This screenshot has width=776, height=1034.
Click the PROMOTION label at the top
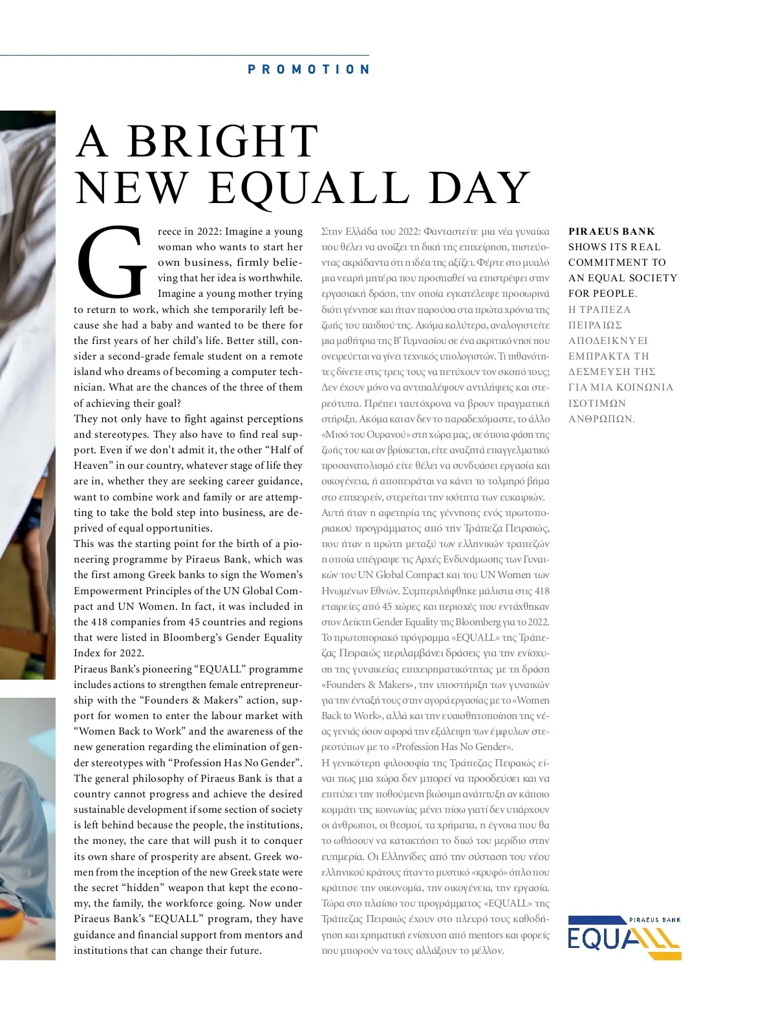308,69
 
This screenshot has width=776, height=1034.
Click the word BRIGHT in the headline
222,142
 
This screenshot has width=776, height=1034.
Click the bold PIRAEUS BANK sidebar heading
611,232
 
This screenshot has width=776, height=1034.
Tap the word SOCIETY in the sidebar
652,278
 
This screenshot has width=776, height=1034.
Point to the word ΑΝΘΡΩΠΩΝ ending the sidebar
601,419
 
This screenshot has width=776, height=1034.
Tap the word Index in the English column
87,653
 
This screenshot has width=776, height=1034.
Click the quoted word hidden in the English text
143,888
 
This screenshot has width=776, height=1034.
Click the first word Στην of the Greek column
332,232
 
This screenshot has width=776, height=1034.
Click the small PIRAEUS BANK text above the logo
654,920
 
